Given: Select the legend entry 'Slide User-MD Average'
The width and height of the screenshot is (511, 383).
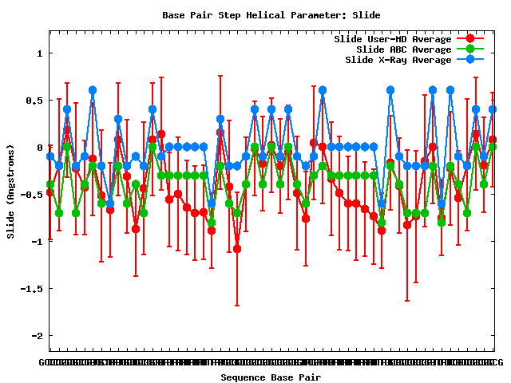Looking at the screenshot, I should click(x=392, y=38).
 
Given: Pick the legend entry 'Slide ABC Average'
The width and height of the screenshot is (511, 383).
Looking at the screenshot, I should click(x=403, y=49).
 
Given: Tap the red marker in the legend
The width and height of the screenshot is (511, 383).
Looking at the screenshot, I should click(x=469, y=38).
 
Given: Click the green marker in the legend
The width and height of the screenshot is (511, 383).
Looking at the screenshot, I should click(x=469, y=49).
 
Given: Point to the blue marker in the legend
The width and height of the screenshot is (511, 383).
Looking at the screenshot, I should click(x=469, y=60).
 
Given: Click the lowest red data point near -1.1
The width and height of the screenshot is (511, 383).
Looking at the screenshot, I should click(x=237, y=249).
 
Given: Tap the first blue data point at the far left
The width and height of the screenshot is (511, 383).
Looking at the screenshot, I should click(x=50, y=156).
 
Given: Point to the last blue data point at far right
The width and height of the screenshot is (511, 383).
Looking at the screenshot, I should click(x=493, y=109).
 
